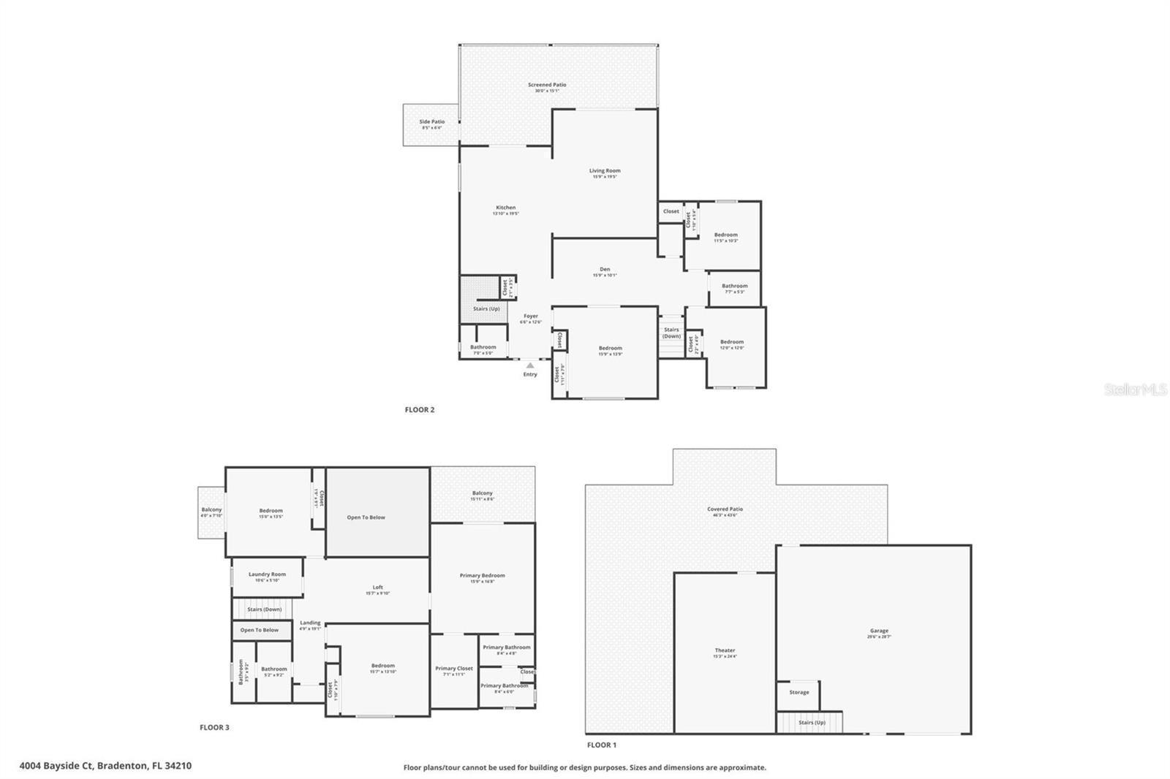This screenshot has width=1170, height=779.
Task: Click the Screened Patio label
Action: pyautogui.click(x=547, y=85)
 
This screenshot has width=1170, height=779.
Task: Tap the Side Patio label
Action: pyautogui.click(x=431, y=122)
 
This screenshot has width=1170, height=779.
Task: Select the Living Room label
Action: pyautogui.click(x=605, y=171)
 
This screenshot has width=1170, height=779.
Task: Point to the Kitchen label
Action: pyautogui.click(x=505, y=208)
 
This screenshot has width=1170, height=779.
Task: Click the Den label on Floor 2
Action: pyautogui.click(x=605, y=270)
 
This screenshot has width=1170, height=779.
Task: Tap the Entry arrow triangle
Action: pyautogui.click(x=530, y=365)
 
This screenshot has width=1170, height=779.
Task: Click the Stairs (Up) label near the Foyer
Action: pyautogui.click(x=486, y=309)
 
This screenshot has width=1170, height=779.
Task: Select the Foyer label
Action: pyautogui.click(x=531, y=316)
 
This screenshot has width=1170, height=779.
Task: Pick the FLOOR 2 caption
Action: pyautogui.click(x=420, y=410)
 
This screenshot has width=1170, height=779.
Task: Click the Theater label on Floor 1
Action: pyautogui.click(x=725, y=650)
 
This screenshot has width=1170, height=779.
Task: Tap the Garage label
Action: pyautogui.click(x=879, y=631)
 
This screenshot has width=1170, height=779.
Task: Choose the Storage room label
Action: pyautogui.click(x=799, y=692)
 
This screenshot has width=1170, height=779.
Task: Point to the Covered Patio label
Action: pyautogui.click(x=725, y=509)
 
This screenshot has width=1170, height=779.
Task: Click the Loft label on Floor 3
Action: pyautogui.click(x=377, y=588)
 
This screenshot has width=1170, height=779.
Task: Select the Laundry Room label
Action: pyautogui.click(x=267, y=574)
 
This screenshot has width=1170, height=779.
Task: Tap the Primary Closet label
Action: pyautogui.click(x=454, y=669)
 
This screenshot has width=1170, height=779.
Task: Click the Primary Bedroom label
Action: pyautogui.click(x=482, y=576)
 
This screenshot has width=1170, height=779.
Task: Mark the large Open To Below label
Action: pyautogui.click(x=366, y=517)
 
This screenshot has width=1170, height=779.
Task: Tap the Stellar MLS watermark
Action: pyautogui.click(x=1136, y=390)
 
